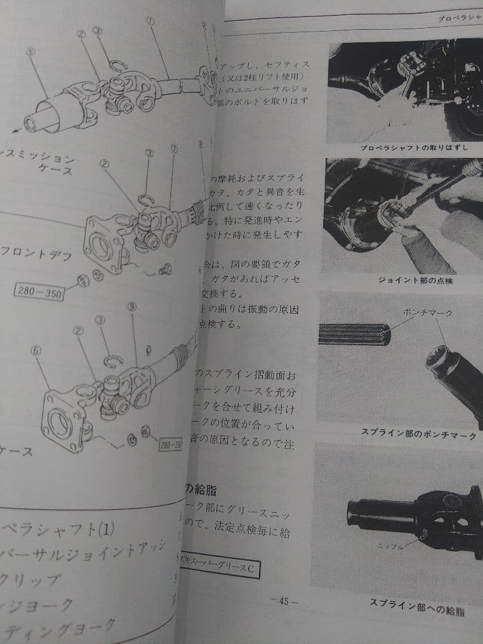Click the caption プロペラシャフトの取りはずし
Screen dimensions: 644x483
(x=414, y=147)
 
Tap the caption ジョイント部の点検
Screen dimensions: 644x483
(x=415, y=280)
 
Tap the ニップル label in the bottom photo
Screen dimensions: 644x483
(x=388, y=545)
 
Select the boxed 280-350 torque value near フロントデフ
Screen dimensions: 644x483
(x=39, y=292)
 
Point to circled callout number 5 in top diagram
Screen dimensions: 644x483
(x=30, y=52)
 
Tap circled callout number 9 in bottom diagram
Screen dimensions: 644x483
(x=131, y=308)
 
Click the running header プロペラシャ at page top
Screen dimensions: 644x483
(x=459, y=18)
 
